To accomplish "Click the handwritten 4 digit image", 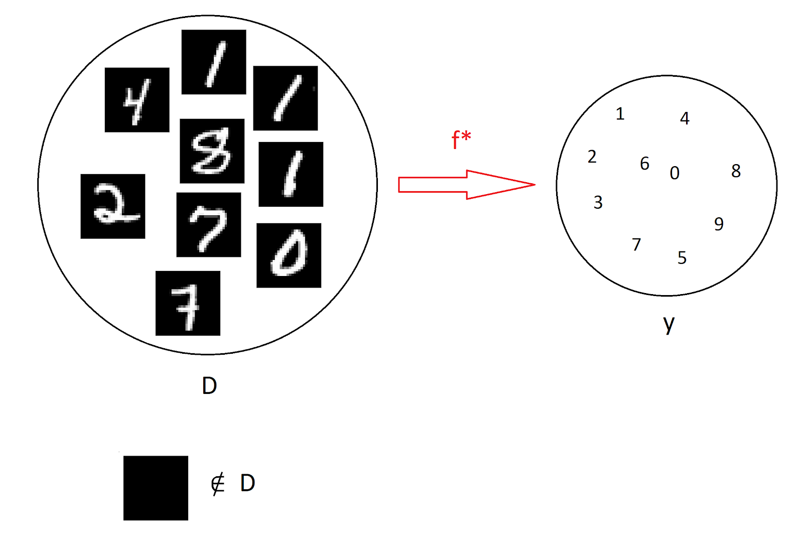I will [137, 100].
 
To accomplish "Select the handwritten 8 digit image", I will [212, 151].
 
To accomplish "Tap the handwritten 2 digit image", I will [113, 206].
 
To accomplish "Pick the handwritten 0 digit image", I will [289, 255].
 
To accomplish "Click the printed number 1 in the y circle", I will [620, 114].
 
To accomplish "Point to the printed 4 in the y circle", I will [685, 118].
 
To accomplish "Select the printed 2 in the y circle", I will [592, 157].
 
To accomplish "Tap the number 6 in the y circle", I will [645, 164].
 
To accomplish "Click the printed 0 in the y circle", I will [675, 173].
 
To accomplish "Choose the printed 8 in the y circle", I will [736, 171].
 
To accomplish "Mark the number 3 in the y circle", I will [598, 202].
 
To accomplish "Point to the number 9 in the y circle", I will [719, 224].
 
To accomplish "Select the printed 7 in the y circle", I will [636, 244].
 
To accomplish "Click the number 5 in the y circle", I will [682, 258].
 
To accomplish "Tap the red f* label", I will [461, 140].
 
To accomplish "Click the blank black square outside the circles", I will [156, 488].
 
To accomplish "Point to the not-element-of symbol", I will [218, 484].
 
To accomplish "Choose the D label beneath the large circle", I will [209, 386].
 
